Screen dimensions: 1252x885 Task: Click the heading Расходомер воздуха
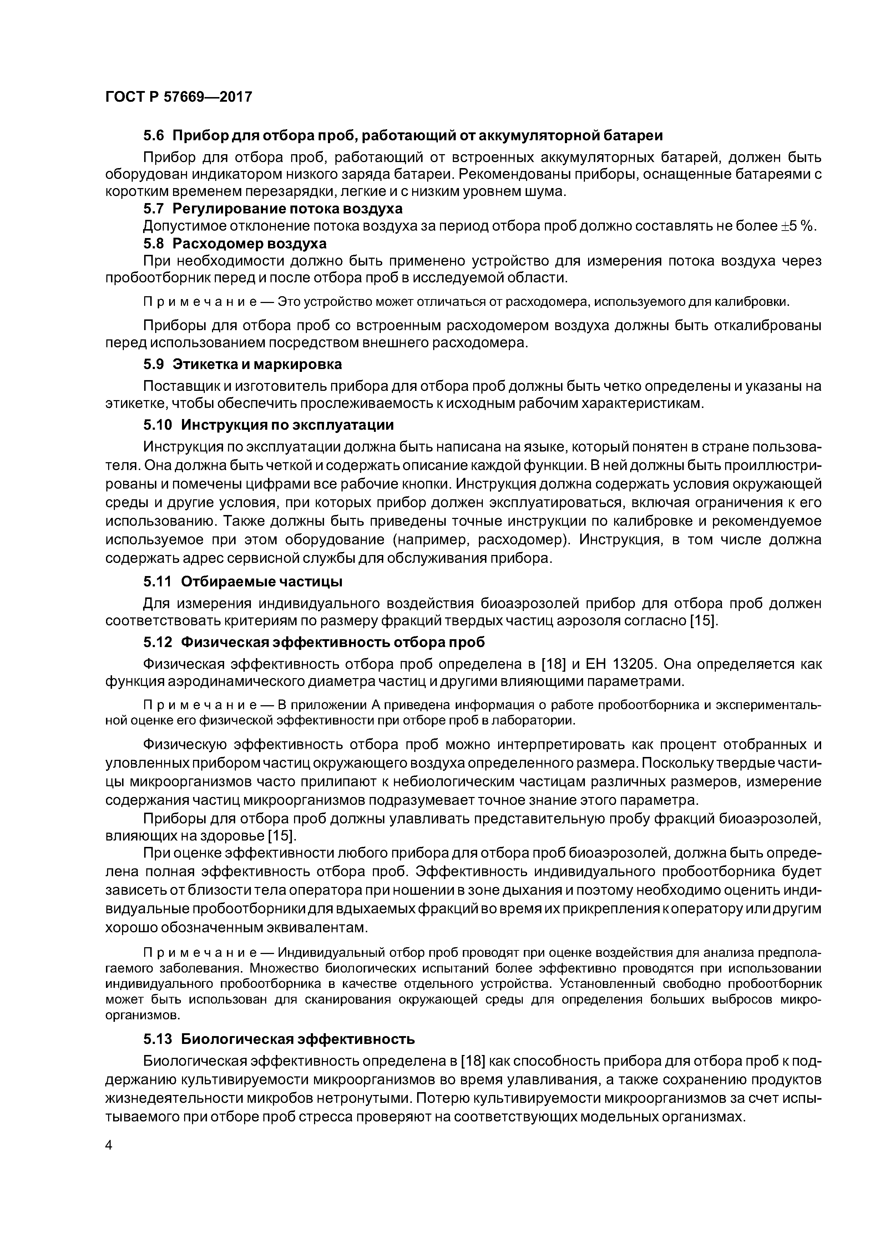[x=254, y=243]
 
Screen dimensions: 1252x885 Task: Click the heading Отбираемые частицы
[x=262, y=582]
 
